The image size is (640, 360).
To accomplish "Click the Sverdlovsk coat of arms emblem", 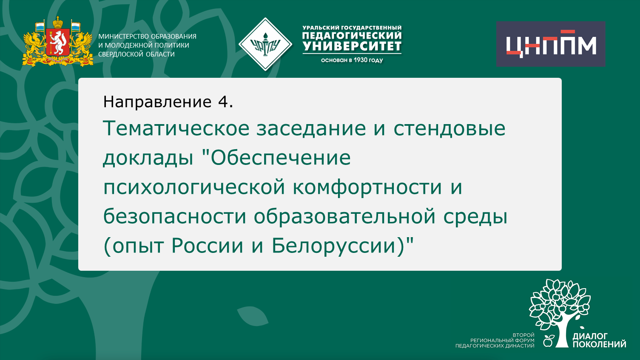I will click(58, 42).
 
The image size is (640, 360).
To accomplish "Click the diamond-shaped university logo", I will click(265, 44).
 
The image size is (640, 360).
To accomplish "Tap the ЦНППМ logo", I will click(551, 44).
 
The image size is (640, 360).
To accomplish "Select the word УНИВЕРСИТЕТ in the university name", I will click(352, 46).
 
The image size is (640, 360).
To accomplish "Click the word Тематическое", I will click(176, 128).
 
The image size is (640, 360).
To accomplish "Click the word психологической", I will click(194, 187).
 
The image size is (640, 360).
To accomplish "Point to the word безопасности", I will click(175, 216).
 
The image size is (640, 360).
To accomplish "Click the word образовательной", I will click(345, 216).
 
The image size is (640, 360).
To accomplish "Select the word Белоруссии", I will click(338, 246).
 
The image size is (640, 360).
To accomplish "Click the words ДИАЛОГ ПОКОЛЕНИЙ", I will click(599, 340).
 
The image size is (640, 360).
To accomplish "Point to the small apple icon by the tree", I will click(549, 340).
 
